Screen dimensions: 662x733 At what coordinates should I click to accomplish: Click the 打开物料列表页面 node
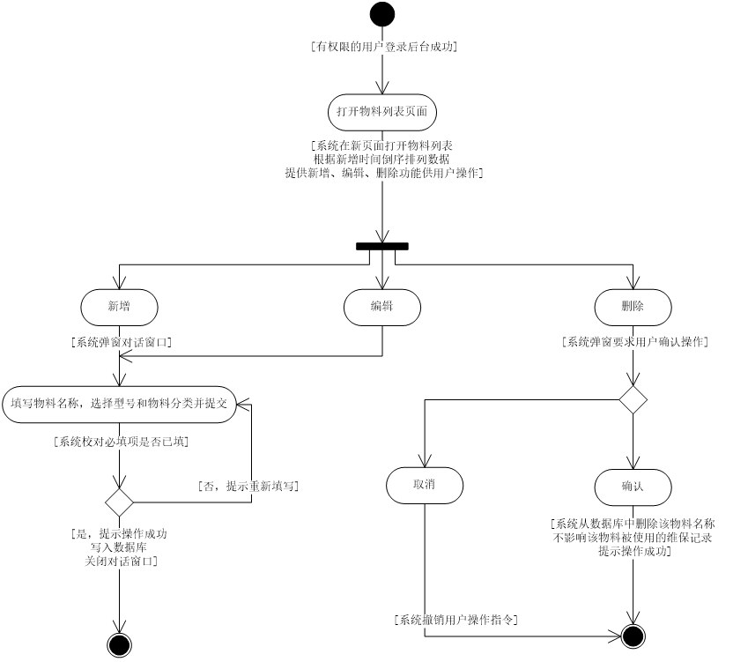[382, 112]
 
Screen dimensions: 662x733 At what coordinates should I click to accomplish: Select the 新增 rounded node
[119, 307]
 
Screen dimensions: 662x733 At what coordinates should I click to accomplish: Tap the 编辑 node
[381, 307]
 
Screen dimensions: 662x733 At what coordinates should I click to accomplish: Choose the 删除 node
[633, 307]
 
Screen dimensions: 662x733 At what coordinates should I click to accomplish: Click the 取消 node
[425, 485]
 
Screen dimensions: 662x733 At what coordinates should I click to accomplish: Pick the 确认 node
[633, 487]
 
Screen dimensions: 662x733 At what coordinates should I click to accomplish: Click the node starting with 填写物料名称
[119, 404]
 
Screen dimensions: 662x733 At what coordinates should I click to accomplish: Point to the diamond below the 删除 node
[633, 399]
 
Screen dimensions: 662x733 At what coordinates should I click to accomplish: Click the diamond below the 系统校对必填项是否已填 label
[119, 502]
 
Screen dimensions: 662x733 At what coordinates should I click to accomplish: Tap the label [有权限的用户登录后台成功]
[384, 47]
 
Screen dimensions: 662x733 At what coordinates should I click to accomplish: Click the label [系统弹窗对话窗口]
[122, 343]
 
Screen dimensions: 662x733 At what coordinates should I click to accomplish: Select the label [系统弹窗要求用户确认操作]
[635, 342]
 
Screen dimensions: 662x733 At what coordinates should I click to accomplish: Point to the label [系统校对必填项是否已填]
[122, 442]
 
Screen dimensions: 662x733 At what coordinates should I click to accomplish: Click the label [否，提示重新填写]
[248, 487]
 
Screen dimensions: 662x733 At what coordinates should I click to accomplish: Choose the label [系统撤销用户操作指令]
[455, 621]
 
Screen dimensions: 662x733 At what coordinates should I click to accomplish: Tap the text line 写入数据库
[122, 547]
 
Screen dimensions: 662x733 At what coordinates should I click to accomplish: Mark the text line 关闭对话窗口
[122, 561]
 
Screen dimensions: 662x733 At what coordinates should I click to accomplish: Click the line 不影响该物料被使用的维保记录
[633, 537]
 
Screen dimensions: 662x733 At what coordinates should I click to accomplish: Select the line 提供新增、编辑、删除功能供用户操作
[384, 174]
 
